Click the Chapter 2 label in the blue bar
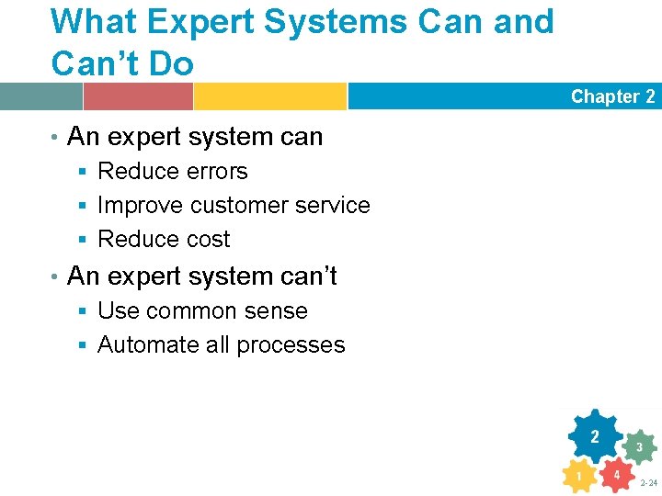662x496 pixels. point(612,96)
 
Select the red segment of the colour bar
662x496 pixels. point(138,96)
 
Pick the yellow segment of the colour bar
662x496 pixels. point(269,96)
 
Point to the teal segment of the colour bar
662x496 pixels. point(40,96)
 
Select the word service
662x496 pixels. point(333,206)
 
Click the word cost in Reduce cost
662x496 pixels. point(207,240)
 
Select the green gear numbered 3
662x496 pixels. point(639,447)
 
